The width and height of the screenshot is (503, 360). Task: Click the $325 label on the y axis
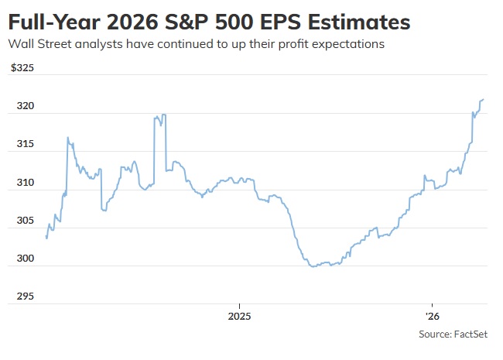pyautogui.click(x=22, y=68)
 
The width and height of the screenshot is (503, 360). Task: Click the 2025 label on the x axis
pyautogui.click(x=239, y=317)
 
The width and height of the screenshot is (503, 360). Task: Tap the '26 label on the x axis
pyautogui.click(x=431, y=317)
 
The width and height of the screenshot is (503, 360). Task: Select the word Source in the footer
pyautogui.click(x=434, y=334)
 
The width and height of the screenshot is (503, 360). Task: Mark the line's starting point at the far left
pyautogui.click(x=46, y=238)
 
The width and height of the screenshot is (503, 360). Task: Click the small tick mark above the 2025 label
pyautogui.click(x=239, y=307)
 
